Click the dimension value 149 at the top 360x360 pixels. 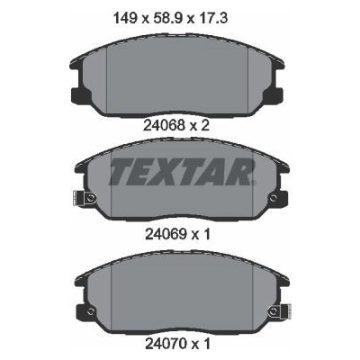click(124, 19)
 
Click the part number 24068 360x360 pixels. click(164, 126)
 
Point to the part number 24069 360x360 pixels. click(166, 235)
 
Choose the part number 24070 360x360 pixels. click(166, 343)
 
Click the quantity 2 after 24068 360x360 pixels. click(204, 126)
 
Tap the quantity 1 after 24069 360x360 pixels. click(206, 235)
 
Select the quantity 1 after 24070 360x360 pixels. click(206, 343)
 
